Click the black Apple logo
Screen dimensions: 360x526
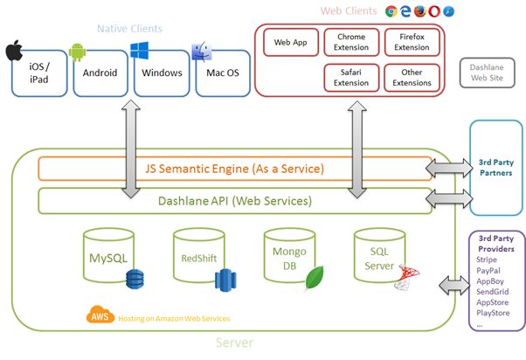[x=13, y=50]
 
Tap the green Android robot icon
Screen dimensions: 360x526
[x=76, y=52]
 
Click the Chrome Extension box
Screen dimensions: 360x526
[x=351, y=41]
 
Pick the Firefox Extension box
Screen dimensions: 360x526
[x=412, y=41]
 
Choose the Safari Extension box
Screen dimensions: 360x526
[x=351, y=77]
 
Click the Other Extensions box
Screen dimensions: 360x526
[x=412, y=77]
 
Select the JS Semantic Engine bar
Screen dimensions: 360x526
[x=234, y=168]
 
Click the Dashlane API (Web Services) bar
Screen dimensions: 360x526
[x=234, y=201]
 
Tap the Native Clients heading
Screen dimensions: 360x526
[x=129, y=29]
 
